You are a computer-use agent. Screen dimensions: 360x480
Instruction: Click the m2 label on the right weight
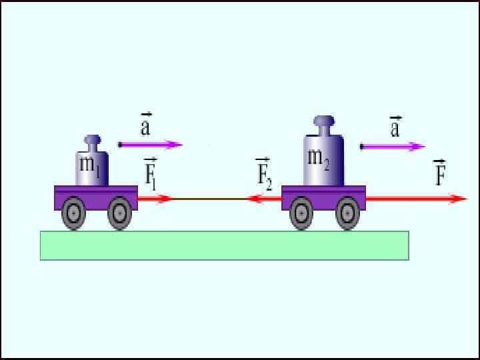[318, 159]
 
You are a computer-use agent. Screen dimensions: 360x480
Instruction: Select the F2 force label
[264, 175]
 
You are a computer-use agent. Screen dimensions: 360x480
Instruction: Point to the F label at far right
[439, 173]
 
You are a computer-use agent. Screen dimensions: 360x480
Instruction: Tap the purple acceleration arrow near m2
[393, 147]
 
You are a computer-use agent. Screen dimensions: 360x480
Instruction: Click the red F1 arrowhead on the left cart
[164, 199]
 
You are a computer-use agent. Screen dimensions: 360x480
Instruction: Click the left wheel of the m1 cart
[73, 213]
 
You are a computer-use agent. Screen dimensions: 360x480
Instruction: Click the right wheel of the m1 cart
[119, 213]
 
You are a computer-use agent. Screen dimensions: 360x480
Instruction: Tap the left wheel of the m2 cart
[301, 213]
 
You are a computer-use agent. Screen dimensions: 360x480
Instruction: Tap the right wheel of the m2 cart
[347, 213]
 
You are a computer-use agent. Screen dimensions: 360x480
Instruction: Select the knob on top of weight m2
[323, 123]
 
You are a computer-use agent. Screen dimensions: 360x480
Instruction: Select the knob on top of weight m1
[92, 141]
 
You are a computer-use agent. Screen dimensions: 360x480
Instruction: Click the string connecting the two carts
[209, 199]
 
